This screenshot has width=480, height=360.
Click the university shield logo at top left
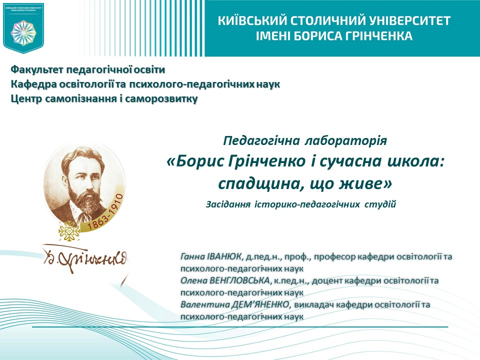pos(23,27)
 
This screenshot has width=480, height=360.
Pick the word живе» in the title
pos(368,183)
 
